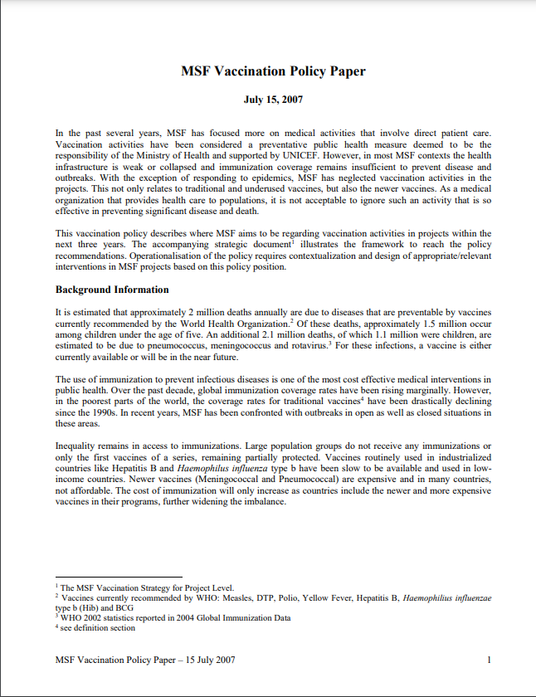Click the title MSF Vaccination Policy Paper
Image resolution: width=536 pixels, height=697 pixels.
pyautogui.click(x=273, y=71)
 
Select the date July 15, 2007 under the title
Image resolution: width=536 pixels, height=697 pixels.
pyautogui.click(x=273, y=100)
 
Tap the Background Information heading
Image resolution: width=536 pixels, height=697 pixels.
pyautogui.click(x=112, y=290)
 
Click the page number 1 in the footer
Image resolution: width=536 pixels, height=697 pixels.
pyautogui.click(x=490, y=660)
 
